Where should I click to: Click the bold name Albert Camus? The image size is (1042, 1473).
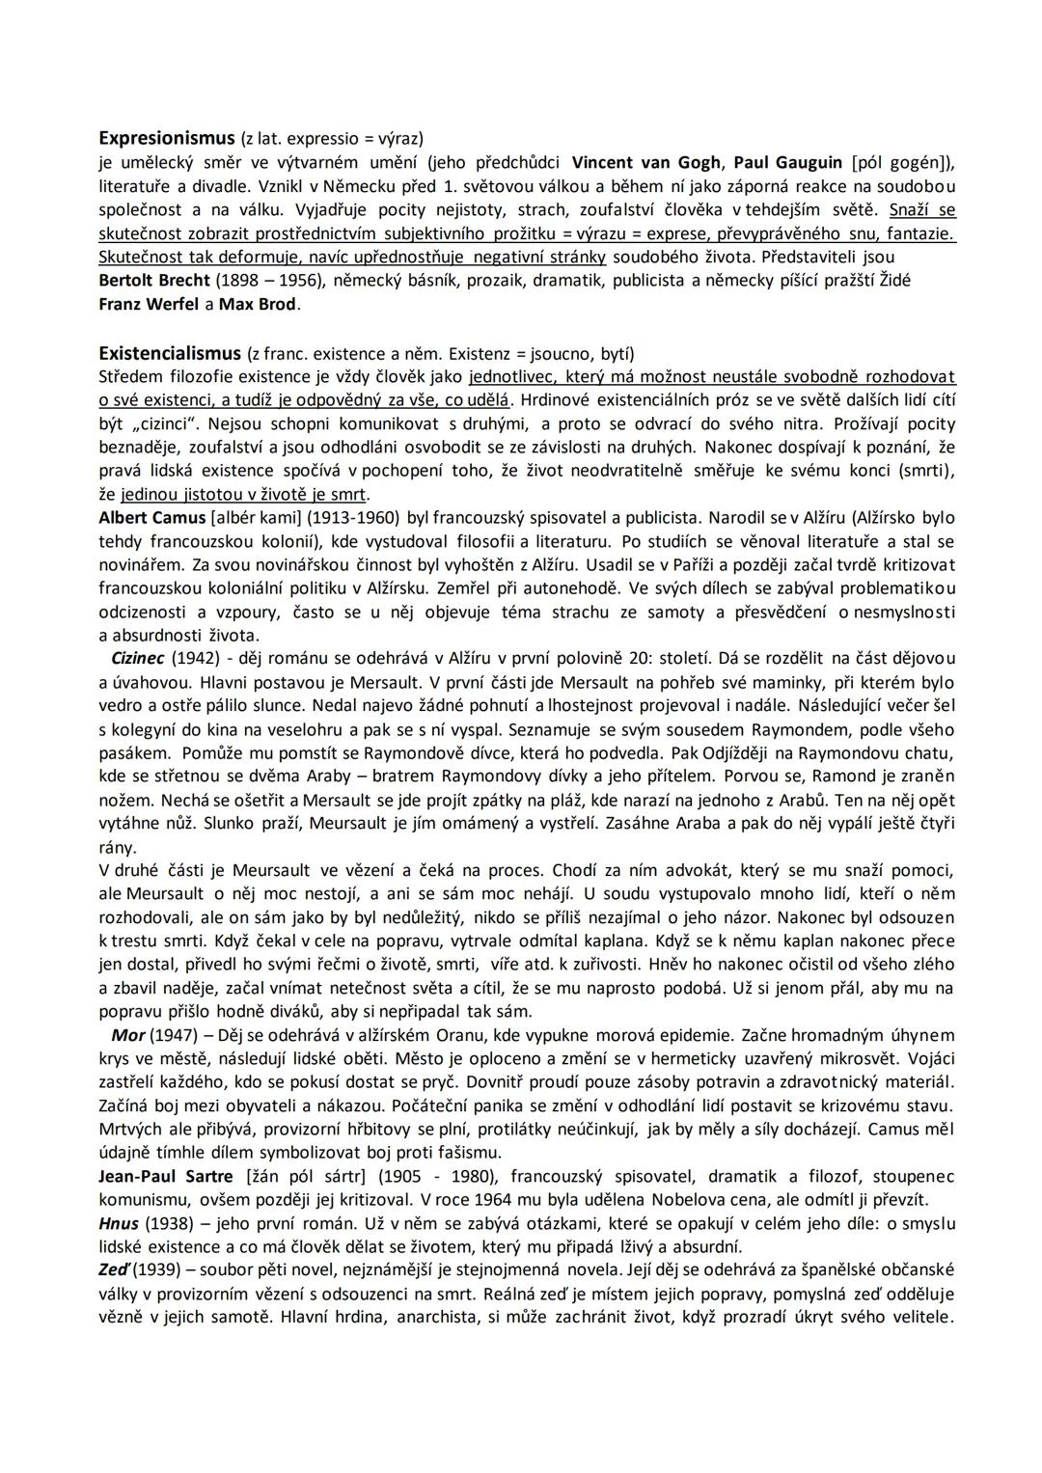152,517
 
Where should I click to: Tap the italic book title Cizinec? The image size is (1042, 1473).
139,659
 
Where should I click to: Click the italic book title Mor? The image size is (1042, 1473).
128,1035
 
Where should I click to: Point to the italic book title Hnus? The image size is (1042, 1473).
119,1224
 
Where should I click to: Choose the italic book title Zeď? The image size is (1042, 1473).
115,1270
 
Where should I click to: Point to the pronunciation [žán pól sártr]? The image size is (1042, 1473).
308,1177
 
